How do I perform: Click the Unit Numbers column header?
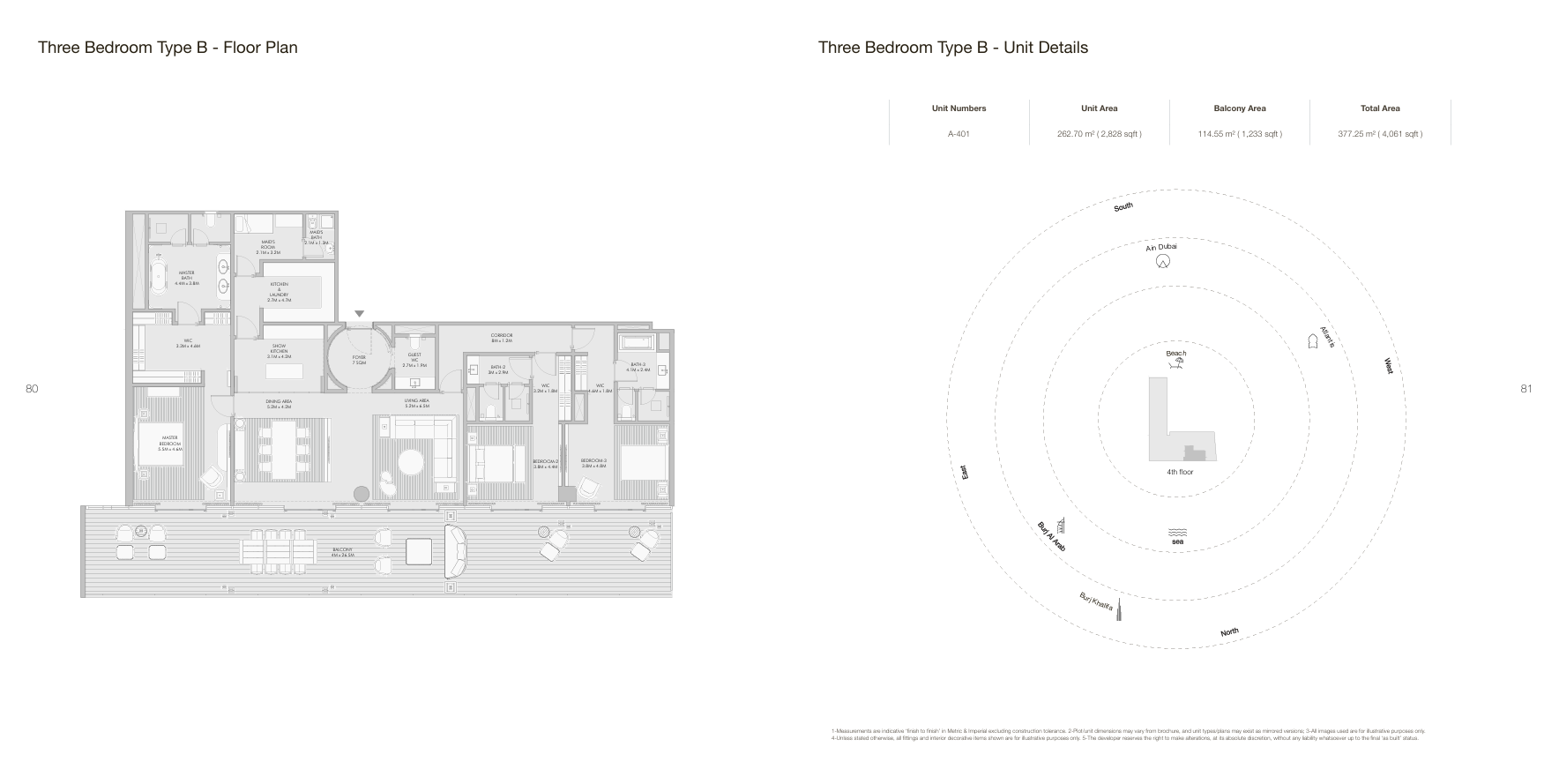959,108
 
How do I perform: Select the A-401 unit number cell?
959,134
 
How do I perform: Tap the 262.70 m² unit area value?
1099,134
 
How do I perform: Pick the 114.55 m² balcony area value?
1239,134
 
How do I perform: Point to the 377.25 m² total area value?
1379,134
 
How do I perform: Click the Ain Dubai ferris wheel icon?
1163,261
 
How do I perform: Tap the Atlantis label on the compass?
1327,336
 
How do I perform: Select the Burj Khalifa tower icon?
1118,608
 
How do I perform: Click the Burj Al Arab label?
1051,536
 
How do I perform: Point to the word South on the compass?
1123,207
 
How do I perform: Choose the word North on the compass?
1229,632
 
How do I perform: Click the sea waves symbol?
1177,533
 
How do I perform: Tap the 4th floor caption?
1179,472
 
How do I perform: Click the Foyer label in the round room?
358,360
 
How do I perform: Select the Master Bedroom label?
169,443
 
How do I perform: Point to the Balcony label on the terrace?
342,552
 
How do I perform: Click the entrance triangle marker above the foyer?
359,314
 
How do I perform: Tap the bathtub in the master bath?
160,275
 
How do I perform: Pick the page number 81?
1526,389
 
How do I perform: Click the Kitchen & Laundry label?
279,292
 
